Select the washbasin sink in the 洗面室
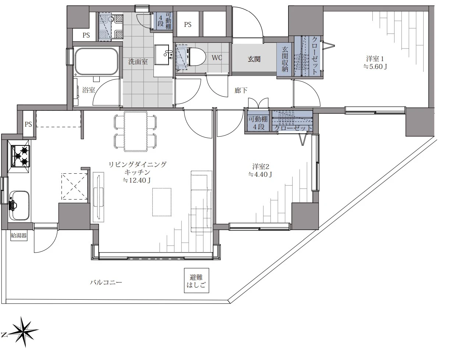[x=162, y=55]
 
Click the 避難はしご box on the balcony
[x=197, y=280]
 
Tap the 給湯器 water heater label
[x=19, y=236]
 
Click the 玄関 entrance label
[x=254, y=59]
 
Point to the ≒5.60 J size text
[x=375, y=67]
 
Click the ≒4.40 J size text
[x=261, y=174]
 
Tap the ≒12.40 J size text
[x=137, y=180]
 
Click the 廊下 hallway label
[x=241, y=91]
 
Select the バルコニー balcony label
[x=106, y=282]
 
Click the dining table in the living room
[x=135, y=131]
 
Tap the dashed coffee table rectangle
[x=162, y=202]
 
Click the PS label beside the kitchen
[x=28, y=124]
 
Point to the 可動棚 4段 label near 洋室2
[x=258, y=123]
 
